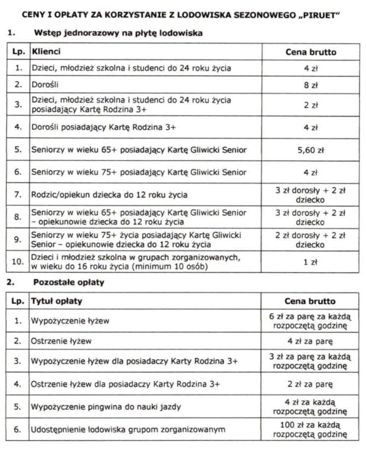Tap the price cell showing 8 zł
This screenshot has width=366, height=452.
(x=310, y=85)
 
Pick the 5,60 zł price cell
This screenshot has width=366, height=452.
(x=310, y=150)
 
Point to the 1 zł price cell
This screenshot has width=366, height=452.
(x=310, y=261)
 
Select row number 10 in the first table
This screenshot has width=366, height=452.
(x=18, y=261)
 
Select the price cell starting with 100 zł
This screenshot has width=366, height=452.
(x=310, y=430)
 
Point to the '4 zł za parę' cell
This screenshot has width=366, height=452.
(x=310, y=341)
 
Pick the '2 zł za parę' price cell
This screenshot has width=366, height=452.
(x=310, y=384)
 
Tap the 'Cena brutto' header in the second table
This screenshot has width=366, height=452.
(x=310, y=301)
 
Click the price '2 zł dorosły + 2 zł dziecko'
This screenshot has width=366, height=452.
(x=310, y=239)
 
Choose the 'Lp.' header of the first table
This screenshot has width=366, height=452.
(x=18, y=51)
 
